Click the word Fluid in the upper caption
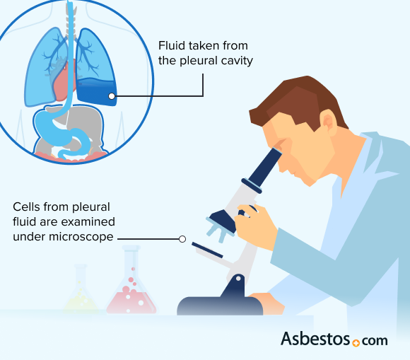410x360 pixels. pyautogui.click(x=172, y=47)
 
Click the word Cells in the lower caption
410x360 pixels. pyautogui.click(x=28, y=207)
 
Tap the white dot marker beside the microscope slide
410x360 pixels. pyautogui.click(x=182, y=239)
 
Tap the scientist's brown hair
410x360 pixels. pyautogui.click(x=297, y=99)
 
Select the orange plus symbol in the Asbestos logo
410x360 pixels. pyautogui.click(x=356, y=342)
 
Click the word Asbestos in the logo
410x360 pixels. pyautogui.click(x=315, y=339)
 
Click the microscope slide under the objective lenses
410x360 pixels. pyautogui.click(x=207, y=249)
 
